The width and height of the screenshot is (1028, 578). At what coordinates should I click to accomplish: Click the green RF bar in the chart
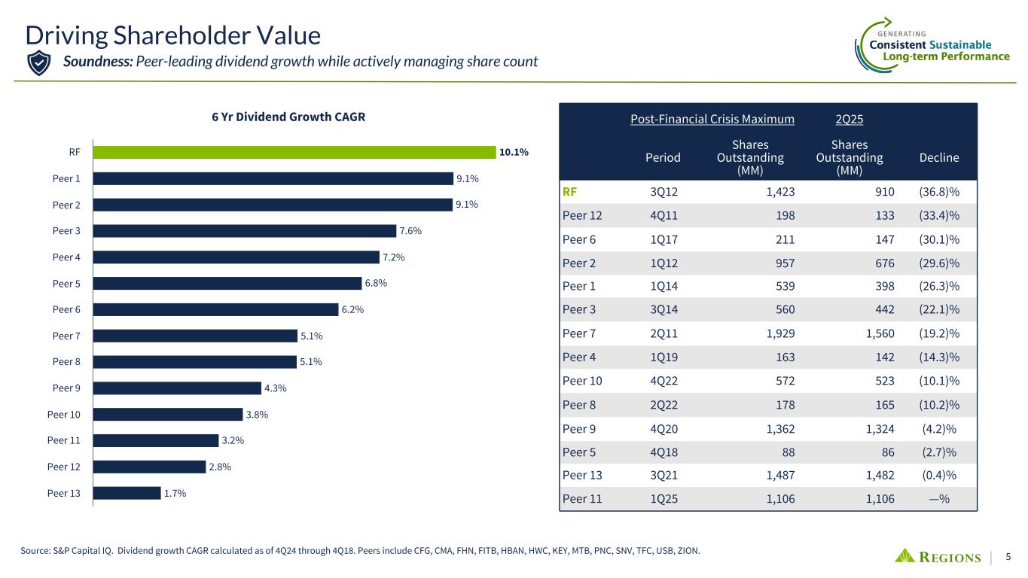(294, 152)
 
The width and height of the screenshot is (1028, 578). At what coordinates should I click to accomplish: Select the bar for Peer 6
(215, 309)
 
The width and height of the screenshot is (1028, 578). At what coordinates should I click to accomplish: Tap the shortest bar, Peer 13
(127, 493)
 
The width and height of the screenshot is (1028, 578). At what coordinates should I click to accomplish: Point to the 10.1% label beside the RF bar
(513, 152)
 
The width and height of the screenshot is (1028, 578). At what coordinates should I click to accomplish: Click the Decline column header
(939, 157)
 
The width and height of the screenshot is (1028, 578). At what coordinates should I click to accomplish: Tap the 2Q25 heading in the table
(850, 119)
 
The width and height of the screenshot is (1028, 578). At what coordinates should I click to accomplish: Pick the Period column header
(663, 157)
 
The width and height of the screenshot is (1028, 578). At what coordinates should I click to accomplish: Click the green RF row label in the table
(570, 191)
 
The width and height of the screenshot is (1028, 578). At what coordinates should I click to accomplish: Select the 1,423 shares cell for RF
(779, 191)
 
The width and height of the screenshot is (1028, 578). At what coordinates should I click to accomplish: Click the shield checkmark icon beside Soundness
(38, 62)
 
